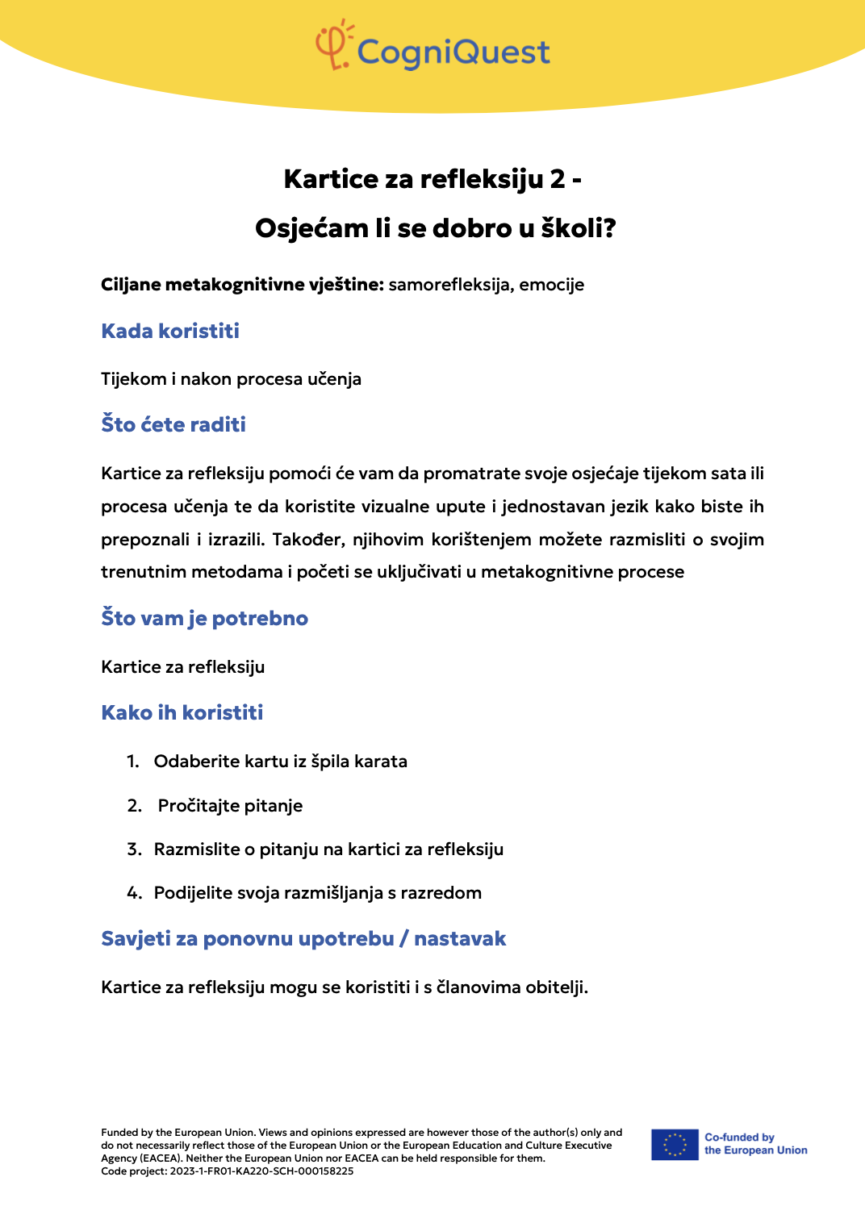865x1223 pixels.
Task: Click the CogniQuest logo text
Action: [453, 52]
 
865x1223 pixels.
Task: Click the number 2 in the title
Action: [558, 179]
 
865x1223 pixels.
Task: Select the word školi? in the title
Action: [579, 228]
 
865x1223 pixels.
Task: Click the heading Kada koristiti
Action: [170, 331]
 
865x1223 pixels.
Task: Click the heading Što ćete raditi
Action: [173, 424]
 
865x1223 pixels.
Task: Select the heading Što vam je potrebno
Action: [204, 618]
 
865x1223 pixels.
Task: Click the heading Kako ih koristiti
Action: [182, 712]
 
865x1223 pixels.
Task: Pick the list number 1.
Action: [132, 762]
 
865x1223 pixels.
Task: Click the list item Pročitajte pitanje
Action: [230, 806]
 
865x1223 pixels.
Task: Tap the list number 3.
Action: [134, 849]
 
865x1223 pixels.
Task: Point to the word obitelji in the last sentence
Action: [556, 987]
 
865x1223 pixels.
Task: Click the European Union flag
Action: [675, 1145]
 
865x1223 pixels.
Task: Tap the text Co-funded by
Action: [739, 1137]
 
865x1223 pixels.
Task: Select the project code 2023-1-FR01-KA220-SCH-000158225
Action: [261, 1171]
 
